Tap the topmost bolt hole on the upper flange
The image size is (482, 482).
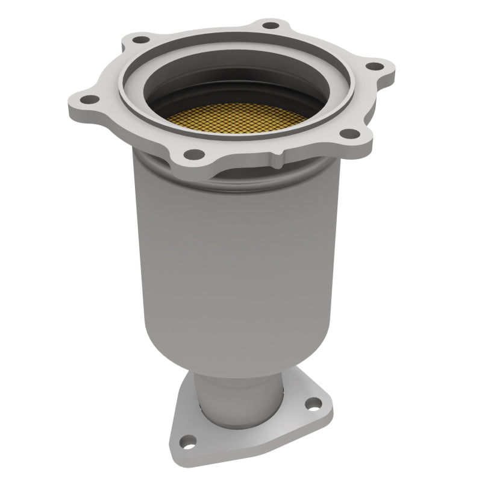point(271,25)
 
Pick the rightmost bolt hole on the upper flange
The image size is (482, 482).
point(375,66)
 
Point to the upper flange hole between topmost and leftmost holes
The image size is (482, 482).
point(141,40)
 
